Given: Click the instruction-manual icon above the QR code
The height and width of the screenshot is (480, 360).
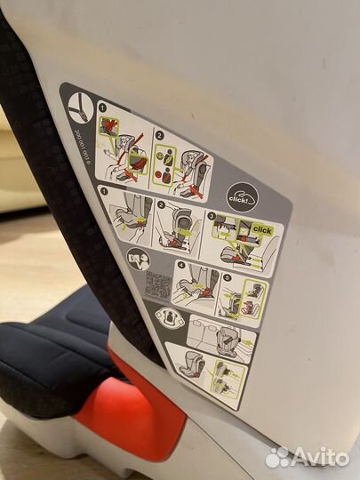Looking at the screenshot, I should [138, 260].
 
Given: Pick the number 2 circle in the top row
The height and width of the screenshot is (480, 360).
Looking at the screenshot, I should [160, 134].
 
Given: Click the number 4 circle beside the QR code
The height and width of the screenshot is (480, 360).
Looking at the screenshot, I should [180, 264].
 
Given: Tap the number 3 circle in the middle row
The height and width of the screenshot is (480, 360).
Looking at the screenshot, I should [211, 216].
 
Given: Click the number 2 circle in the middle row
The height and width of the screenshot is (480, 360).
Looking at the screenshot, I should [162, 204].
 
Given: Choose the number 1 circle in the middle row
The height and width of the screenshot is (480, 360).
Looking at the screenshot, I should [104, 189].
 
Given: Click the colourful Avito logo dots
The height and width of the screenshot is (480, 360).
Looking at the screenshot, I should [278, 456].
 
